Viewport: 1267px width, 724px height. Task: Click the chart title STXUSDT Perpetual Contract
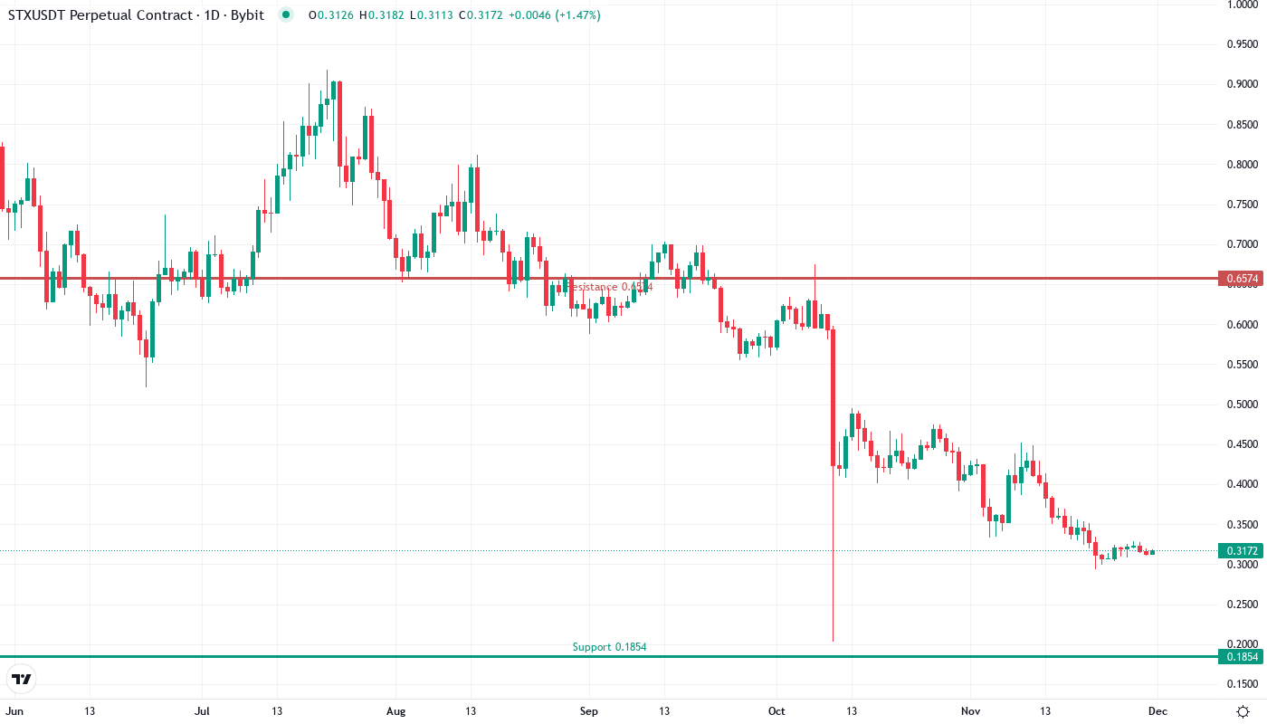point(100,15)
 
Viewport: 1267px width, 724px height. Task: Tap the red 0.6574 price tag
point(1239,278)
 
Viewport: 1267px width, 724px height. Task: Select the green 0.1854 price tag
point(1239,657)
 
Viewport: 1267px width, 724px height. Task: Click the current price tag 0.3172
point(1239,550)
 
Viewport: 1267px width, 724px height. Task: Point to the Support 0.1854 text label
point(609,647)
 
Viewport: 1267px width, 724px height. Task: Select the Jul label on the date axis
point(202,711)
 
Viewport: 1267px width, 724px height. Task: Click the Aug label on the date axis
point(395,711)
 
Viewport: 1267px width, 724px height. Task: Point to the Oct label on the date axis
point(776,711)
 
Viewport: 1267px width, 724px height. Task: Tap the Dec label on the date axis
point(1157,711)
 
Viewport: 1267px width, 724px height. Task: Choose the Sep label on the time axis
point(589,711)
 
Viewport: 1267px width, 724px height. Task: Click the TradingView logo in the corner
point(22,679)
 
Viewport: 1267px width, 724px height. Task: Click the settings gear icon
point(1243,711)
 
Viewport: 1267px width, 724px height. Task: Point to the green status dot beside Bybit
point(286,14)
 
